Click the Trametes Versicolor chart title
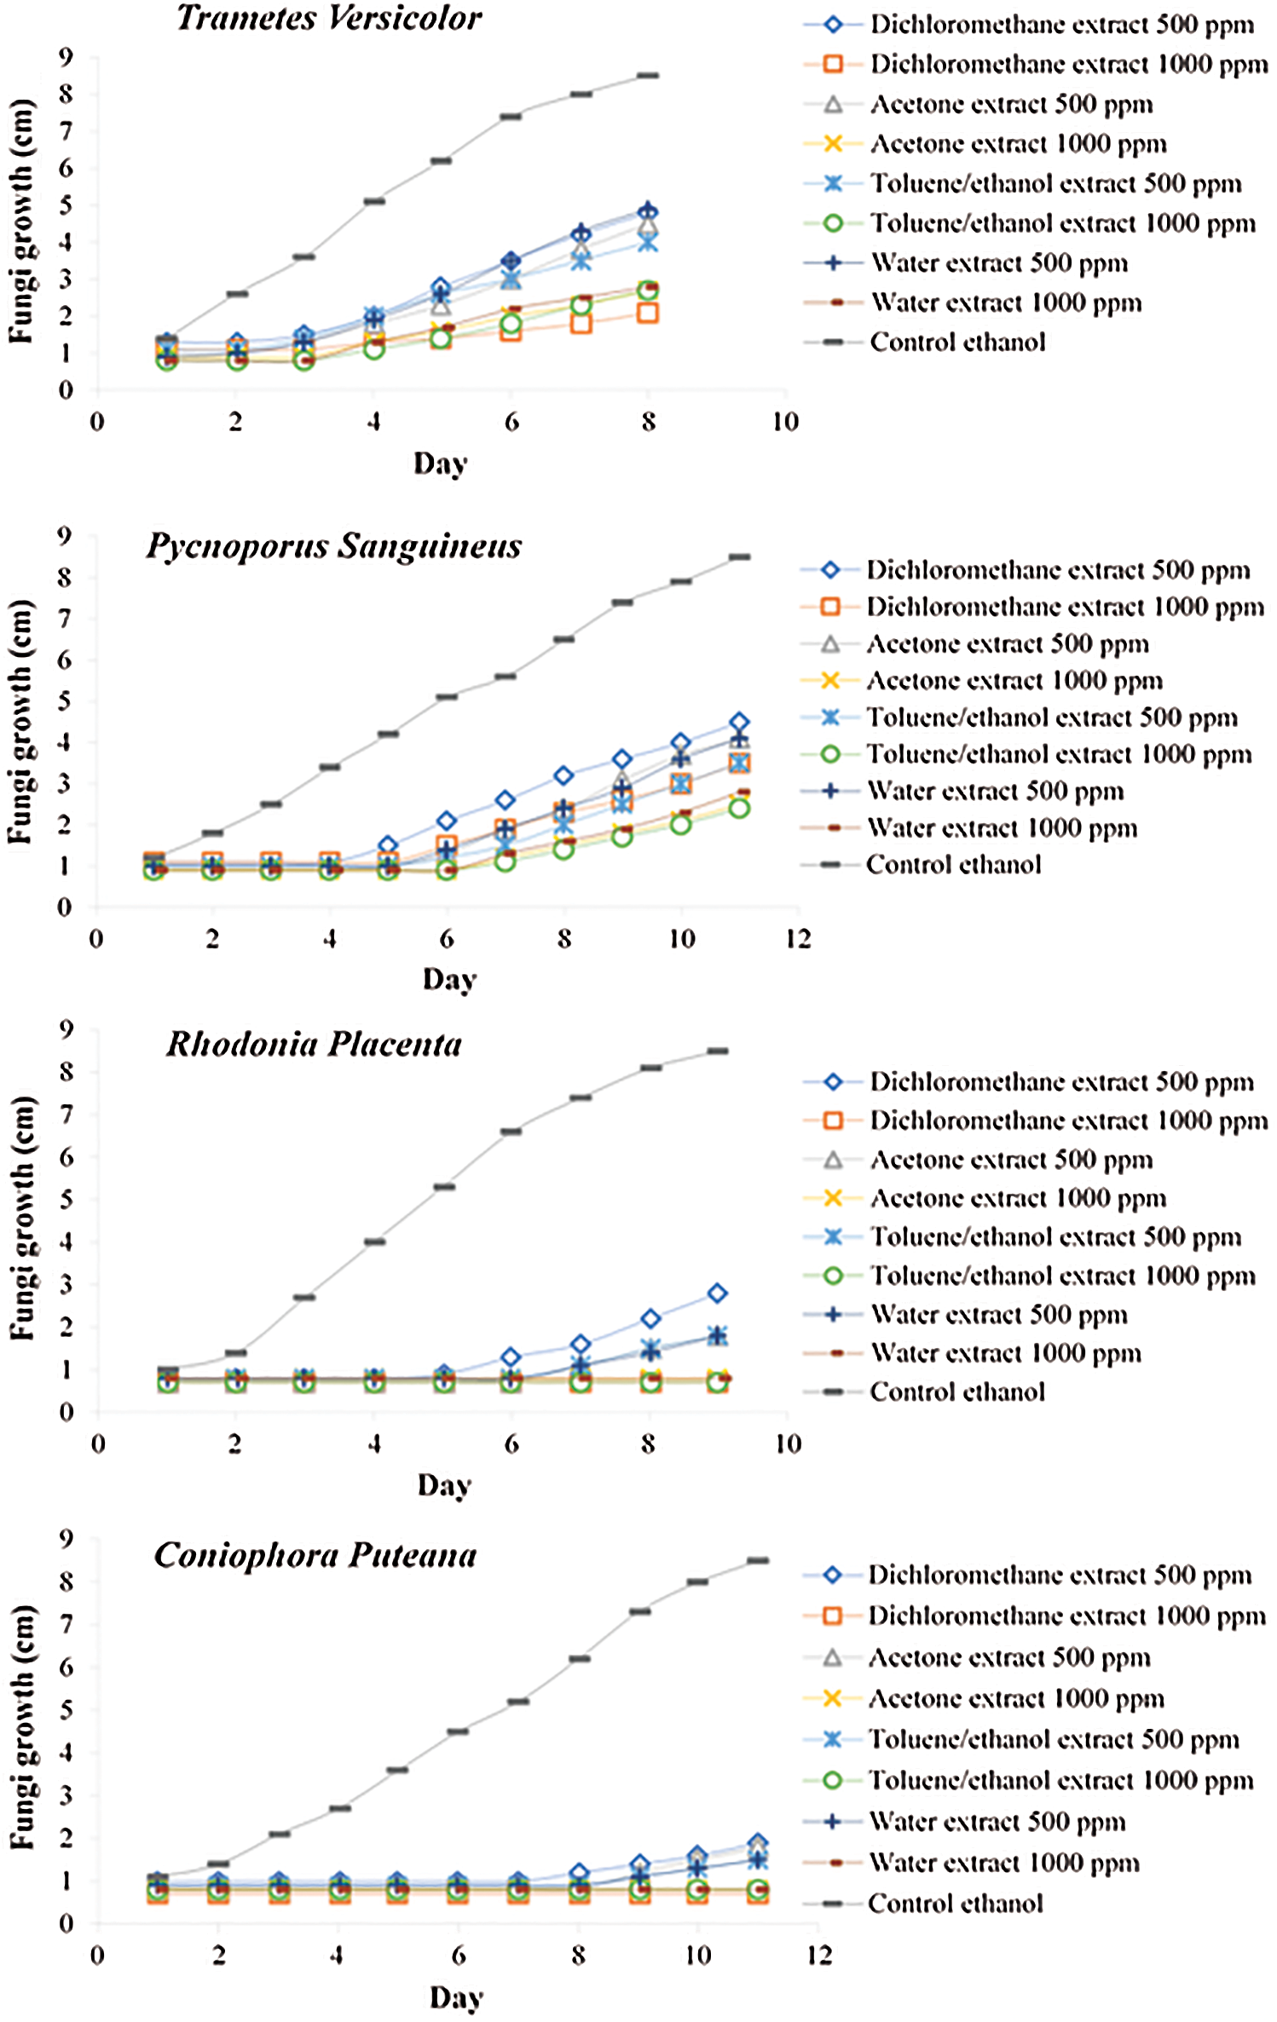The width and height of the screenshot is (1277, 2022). coord(329,18)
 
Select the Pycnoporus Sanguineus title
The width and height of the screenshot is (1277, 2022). coord(334,546)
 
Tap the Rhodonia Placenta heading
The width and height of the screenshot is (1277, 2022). coord(314,1044)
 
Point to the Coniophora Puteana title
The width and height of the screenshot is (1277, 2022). coord(315,1555)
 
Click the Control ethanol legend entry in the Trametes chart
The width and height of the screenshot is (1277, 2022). coord(956,343)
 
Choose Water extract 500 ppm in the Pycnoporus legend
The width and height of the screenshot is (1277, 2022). coord(994,791)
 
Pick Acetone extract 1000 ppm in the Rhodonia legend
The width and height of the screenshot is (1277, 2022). coord(1018,1198)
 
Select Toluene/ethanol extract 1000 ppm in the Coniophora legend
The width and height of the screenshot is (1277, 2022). coord(1060,1780)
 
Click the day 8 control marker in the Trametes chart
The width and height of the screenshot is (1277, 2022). coord(648,76)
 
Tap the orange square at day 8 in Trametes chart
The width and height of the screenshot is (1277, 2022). coord(648,314)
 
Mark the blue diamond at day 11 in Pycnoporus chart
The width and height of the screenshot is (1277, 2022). coord(740,723)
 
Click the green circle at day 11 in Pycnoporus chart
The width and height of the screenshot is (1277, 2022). coord(740,808)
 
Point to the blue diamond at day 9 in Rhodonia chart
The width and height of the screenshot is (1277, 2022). coord(718,1293)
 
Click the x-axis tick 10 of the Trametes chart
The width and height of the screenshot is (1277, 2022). coord(786,422)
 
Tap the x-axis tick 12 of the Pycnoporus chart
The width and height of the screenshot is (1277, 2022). coord(799,939)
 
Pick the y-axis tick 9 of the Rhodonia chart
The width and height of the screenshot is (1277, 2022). coord(66,1030)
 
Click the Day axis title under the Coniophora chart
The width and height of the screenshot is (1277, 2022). coord(457,1996)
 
